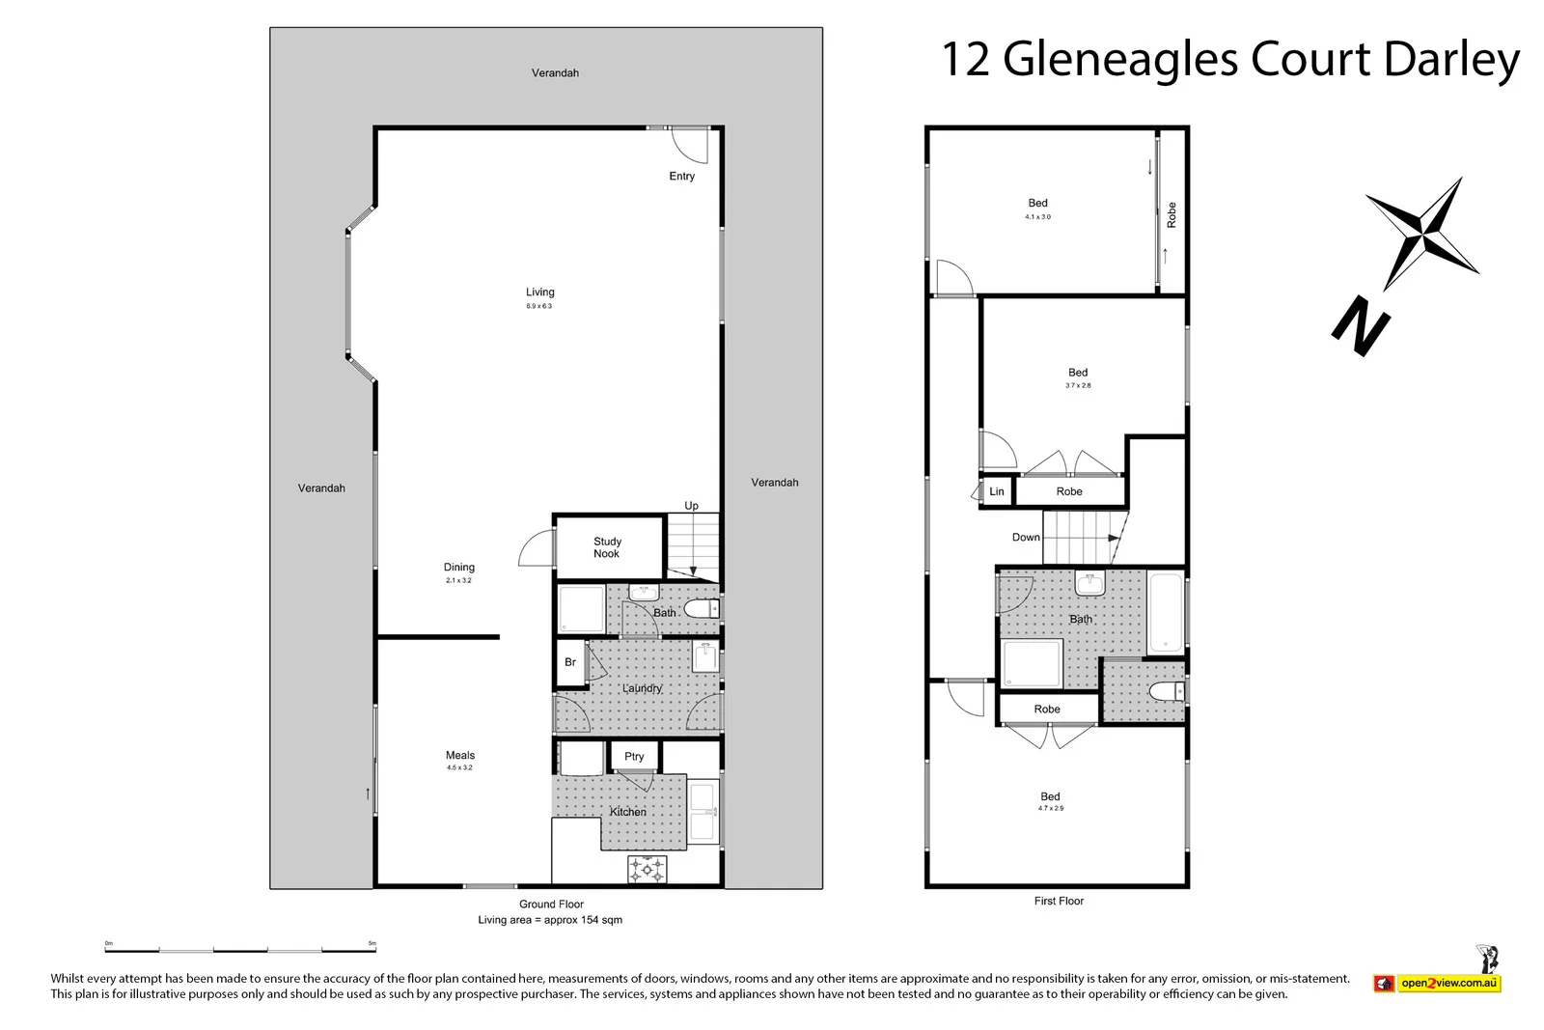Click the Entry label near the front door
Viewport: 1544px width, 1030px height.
pyautogui.click(x=681, y=176)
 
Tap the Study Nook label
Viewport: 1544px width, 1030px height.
pyautogui.click(x=607, y=547)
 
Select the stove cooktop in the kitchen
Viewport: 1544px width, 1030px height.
pyautogui.click(x=648, y=869)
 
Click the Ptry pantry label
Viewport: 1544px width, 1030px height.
pyautogui.click(x=634, y=756)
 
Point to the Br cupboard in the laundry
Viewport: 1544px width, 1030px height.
pyautogui.click(x=570, y=662)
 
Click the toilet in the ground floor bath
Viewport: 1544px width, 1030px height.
pyautogui.click(x=703, y=609)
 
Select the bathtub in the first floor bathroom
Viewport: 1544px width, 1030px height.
pyautogui.click(x=1166, y=612)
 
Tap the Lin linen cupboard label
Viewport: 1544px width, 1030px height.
pyautogui.click(x=997, y=491)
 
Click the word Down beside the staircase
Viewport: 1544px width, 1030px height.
pyautogui.click(x=1026, y=537)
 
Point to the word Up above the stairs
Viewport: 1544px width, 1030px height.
pyautogui.click(x=691, y=506)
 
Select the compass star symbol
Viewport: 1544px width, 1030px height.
pyautogui.click(x=1423, y=233)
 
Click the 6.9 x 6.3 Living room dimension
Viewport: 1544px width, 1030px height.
pyautogui.click(x=539, y=306)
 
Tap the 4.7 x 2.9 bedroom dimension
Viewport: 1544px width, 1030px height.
pyautogui.click(x=1050, y=808)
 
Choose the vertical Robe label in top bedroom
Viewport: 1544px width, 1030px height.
pyautogui.click(x=1172, y=213)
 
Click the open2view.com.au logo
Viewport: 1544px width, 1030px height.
pyautogui.click(x=1439, y=983)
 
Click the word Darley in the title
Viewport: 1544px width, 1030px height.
pyautogui.click(x=1451, y=60)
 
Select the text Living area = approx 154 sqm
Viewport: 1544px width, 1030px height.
pyautogui.click(x=550, y=920)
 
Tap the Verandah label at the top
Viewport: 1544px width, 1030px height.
pyautogui.click(x=555, y=72)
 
